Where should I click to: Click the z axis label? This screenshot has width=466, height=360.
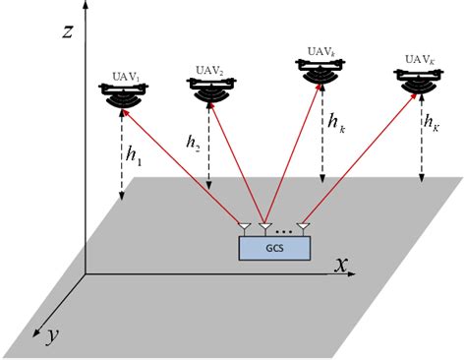[68, 30]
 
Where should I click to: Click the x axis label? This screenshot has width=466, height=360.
[342, 265]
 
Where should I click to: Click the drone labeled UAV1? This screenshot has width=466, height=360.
[125, 95]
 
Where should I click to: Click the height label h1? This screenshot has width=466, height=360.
[135, 155]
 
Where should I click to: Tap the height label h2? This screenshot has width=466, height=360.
[193, 141]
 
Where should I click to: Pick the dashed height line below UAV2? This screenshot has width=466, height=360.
[210, 148]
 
